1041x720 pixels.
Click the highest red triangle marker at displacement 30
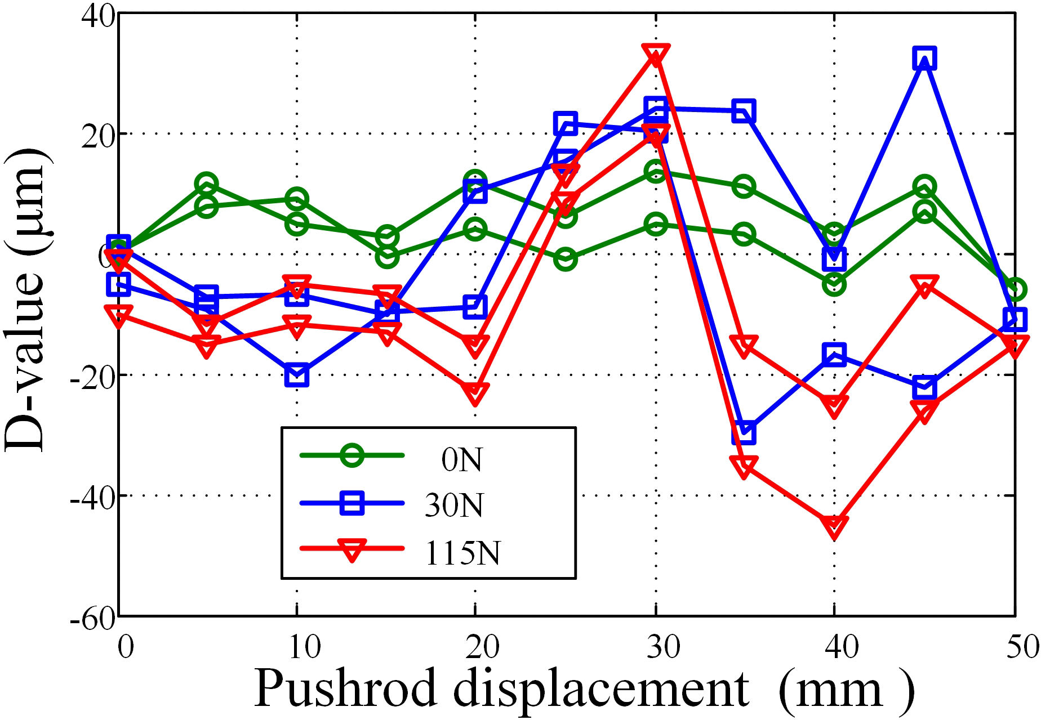(655, 55)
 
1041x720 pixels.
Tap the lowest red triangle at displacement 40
(834, 526)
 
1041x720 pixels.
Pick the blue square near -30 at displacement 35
(744, 432)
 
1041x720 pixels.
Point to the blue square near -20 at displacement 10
(297, 375)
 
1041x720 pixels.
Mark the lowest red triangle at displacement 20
(475, 393)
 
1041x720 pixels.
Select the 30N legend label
(454, 505)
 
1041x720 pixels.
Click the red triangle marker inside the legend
(352, 549)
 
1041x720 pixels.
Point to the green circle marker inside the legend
(352, 455)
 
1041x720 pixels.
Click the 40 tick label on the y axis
(99, 15)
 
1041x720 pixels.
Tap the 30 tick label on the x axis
(662, 647)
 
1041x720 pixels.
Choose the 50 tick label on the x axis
(1022, 647)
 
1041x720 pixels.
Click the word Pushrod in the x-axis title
(346, 690)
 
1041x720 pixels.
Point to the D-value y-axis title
(25, 298)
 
